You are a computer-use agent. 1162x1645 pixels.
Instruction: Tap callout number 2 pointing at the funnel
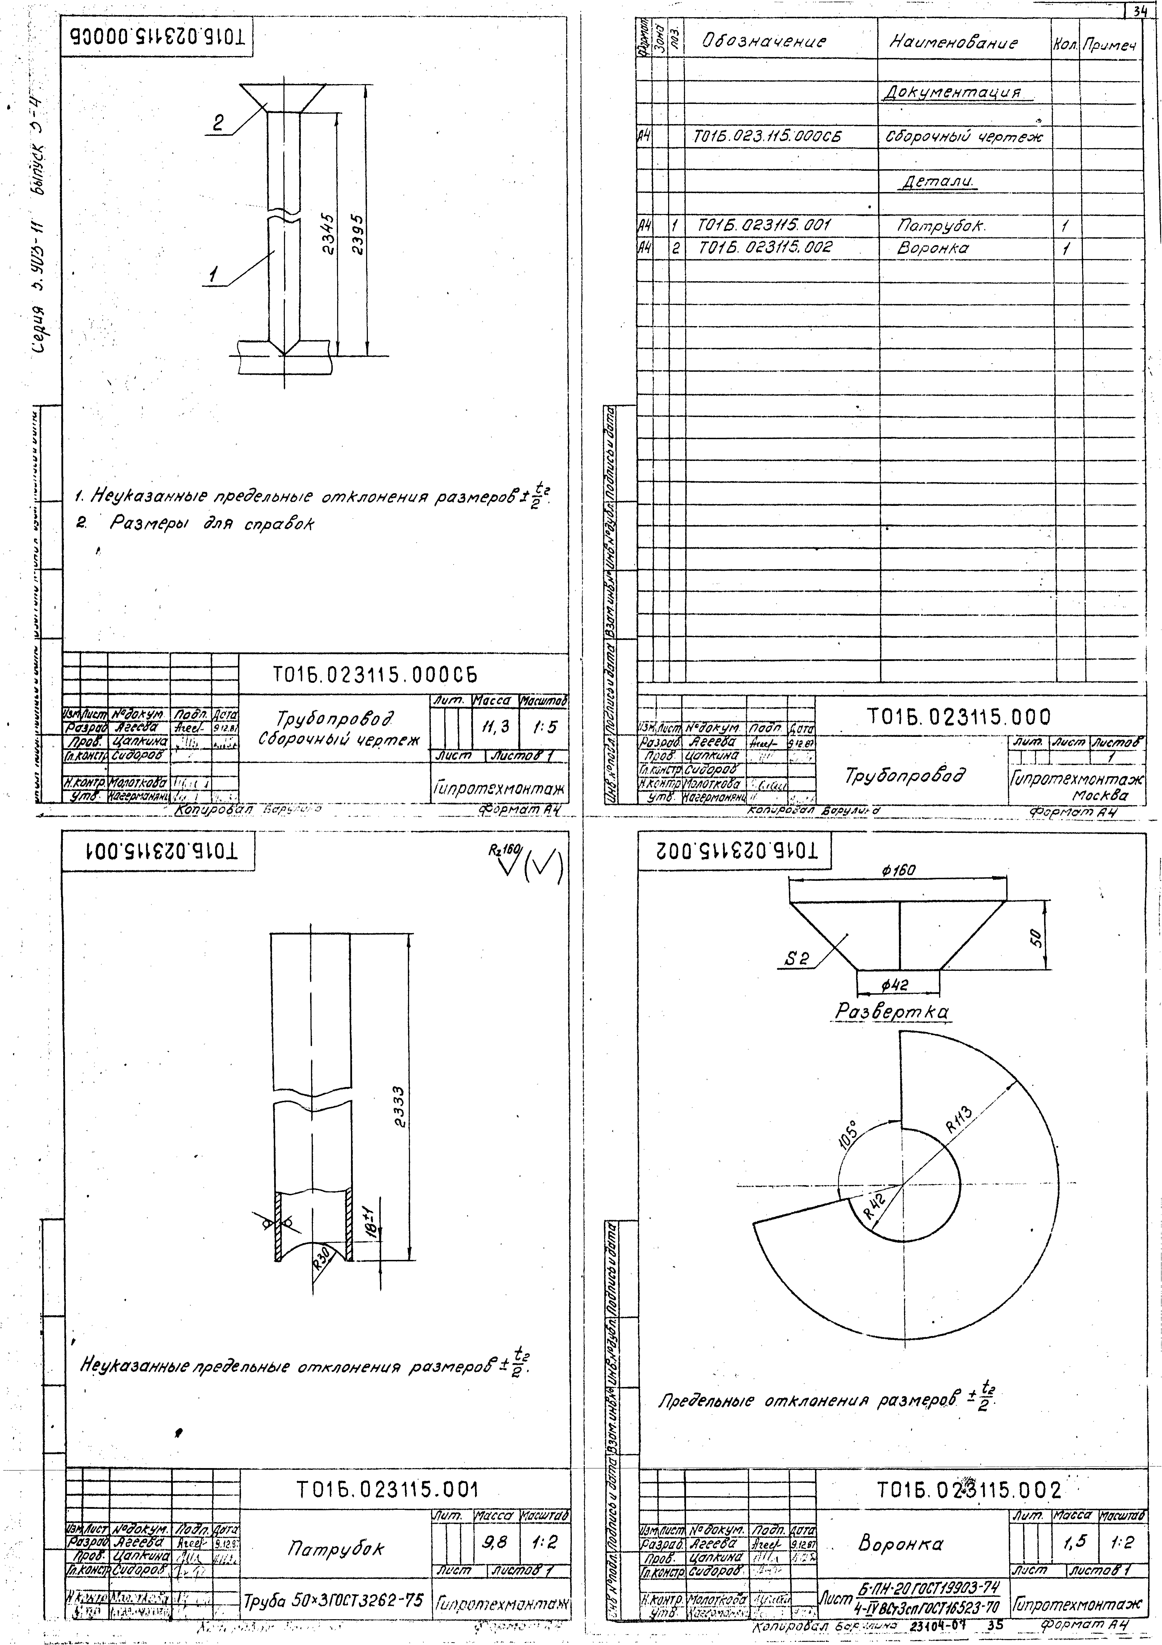(219, 123)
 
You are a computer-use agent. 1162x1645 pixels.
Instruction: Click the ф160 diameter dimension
(898, 870)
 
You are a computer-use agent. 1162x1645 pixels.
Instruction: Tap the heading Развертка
(892, 1012)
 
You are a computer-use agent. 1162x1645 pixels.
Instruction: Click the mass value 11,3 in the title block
(495, 726)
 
